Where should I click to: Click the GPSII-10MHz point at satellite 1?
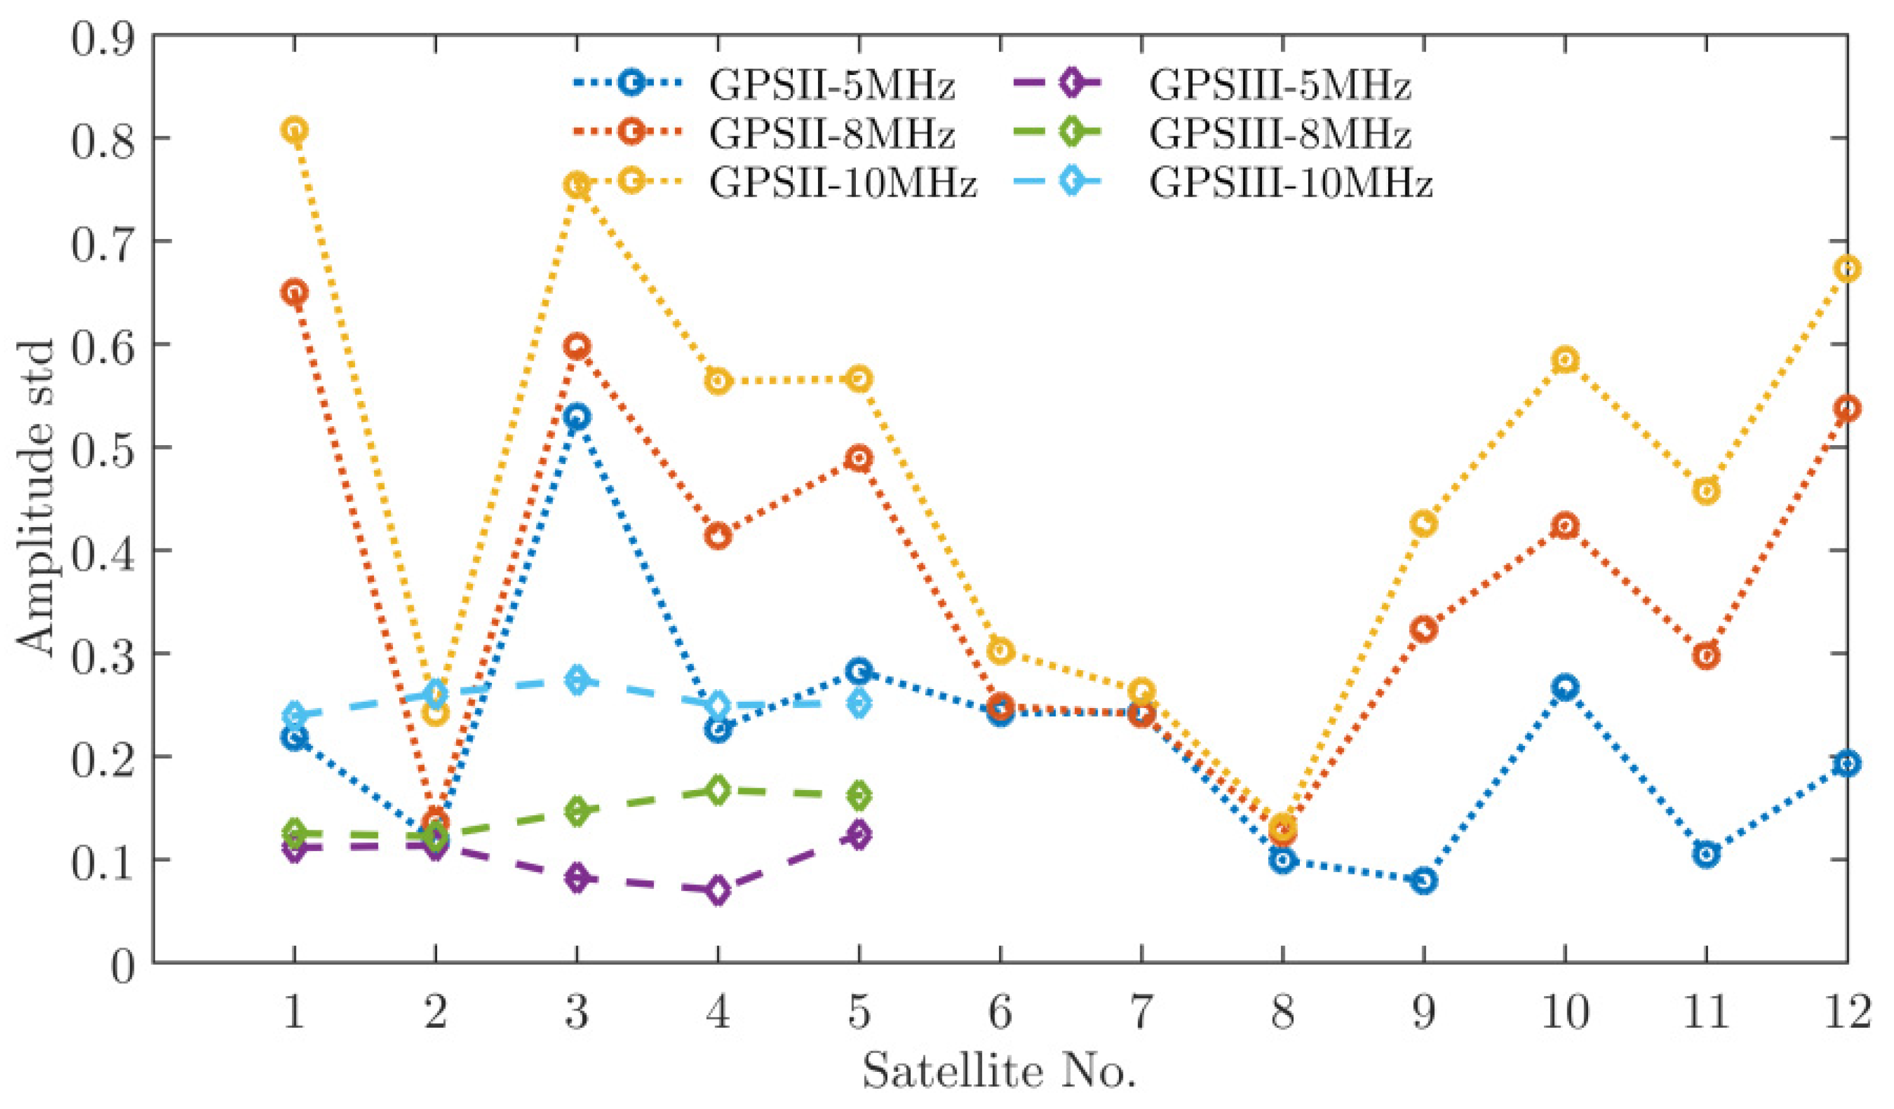pos(295,129)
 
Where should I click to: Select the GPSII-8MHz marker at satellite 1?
pos(295,293)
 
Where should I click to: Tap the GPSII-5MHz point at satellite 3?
pos(577,417)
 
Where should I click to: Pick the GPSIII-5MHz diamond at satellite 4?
pos(718,890)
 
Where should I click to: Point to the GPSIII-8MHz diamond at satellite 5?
pos(860,795)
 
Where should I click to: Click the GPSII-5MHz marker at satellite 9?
pos(1423,880)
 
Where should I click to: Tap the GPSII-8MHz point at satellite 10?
pos(1565,525)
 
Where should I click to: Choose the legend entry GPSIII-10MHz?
pos(1290,183)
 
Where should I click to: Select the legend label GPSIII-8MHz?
pos(1279,134)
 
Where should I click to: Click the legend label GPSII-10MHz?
pos(843,183)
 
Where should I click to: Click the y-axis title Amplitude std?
pos(36,499)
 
